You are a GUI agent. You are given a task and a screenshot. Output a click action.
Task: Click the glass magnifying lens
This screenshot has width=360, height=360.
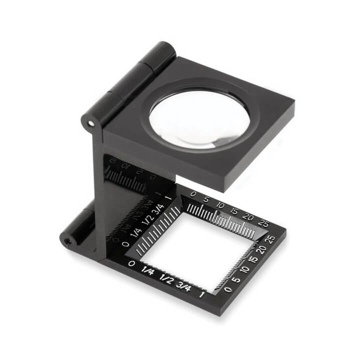click(199, 118)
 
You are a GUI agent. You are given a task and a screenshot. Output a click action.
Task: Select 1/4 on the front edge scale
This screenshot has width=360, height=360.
click(147, 270)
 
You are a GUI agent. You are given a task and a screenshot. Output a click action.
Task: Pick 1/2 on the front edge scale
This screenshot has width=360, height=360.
click(166, 278)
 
